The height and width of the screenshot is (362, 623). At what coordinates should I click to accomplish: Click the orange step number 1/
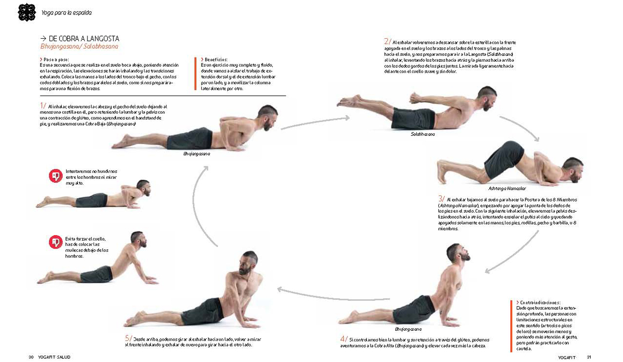click(43, 106)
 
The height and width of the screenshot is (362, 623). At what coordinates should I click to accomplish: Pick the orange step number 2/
click(387, 41)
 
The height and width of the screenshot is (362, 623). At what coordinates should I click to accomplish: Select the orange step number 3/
click(441, 198)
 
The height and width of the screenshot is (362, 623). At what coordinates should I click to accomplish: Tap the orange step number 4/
click(344, 339)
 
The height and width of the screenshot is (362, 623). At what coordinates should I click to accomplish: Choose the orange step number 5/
click(128, 338)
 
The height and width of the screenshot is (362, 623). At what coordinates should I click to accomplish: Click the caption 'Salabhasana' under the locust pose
click(423, 134)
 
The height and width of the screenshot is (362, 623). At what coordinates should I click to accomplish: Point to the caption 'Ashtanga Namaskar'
click(506, 189)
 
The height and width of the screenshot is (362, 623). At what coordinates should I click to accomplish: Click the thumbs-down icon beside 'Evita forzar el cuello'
click(55, 243)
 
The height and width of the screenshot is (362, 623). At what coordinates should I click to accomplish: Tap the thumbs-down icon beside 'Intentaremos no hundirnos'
click(55, 176)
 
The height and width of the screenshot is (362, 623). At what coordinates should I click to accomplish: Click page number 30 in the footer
click(31, 357)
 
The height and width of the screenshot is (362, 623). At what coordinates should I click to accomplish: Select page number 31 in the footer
click(589, 357)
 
